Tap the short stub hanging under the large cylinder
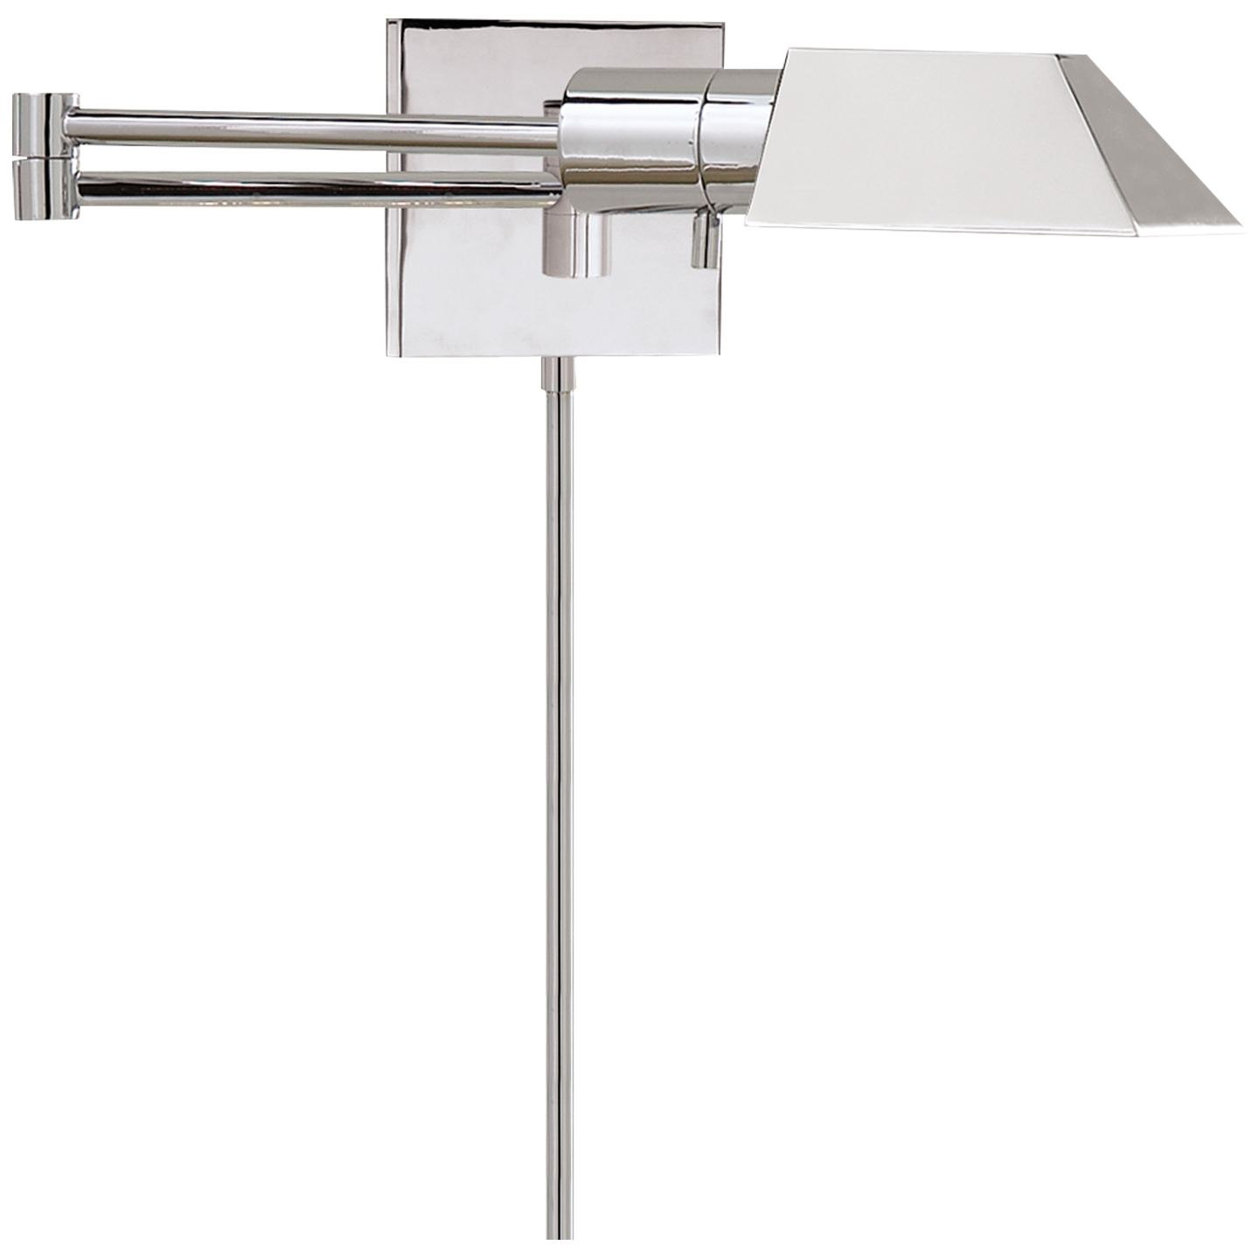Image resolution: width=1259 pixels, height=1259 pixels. click(x=569, y=245)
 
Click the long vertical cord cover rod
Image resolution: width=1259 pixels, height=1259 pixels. click(x=556, y=787)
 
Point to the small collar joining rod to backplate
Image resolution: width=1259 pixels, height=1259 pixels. click(x=553, y=375)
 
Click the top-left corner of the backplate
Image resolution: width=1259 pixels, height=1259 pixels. click(x=393, y=26)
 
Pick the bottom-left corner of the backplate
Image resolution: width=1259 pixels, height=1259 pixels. click(x=393, y=354)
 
